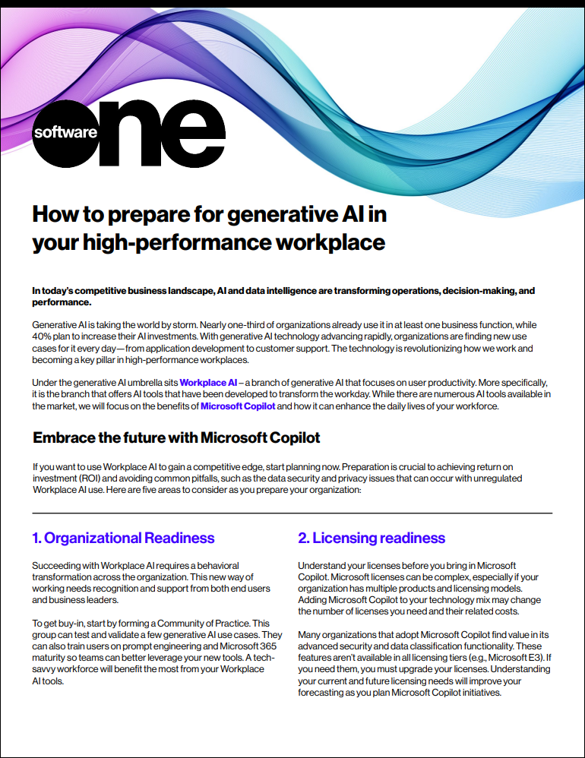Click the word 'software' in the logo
65,132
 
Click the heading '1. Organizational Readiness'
123,538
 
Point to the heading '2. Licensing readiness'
372,538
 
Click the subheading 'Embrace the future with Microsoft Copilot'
176,438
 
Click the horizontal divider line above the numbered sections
292,513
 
